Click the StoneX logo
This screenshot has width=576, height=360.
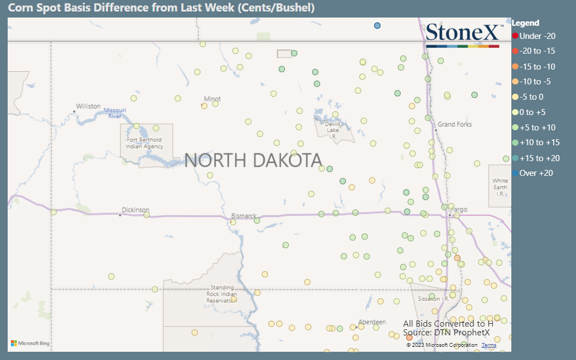coord(463,34)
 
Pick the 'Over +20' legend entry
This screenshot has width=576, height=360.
coord(536,173)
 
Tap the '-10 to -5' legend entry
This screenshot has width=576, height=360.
coord(535,82)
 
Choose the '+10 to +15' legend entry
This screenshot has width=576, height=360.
coord(539,142)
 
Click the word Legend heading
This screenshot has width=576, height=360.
coord(525,23)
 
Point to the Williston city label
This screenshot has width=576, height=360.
coord(88,106)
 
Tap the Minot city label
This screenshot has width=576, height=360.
coord(212,99)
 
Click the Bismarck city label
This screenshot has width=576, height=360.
coord(244,216)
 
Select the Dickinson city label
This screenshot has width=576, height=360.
coord(135,210)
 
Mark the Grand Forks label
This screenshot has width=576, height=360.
coord(454,124)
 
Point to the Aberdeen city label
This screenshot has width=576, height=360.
coord(372,322)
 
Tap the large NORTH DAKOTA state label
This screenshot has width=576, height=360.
coord(253,161)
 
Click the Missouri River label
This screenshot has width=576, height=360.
coord(115,113)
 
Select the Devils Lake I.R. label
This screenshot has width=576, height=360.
coord(333,130)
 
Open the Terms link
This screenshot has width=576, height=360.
coord(489,345)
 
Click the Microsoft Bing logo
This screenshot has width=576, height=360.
coord(30,344)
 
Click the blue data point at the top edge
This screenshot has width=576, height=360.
coord(377,26)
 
